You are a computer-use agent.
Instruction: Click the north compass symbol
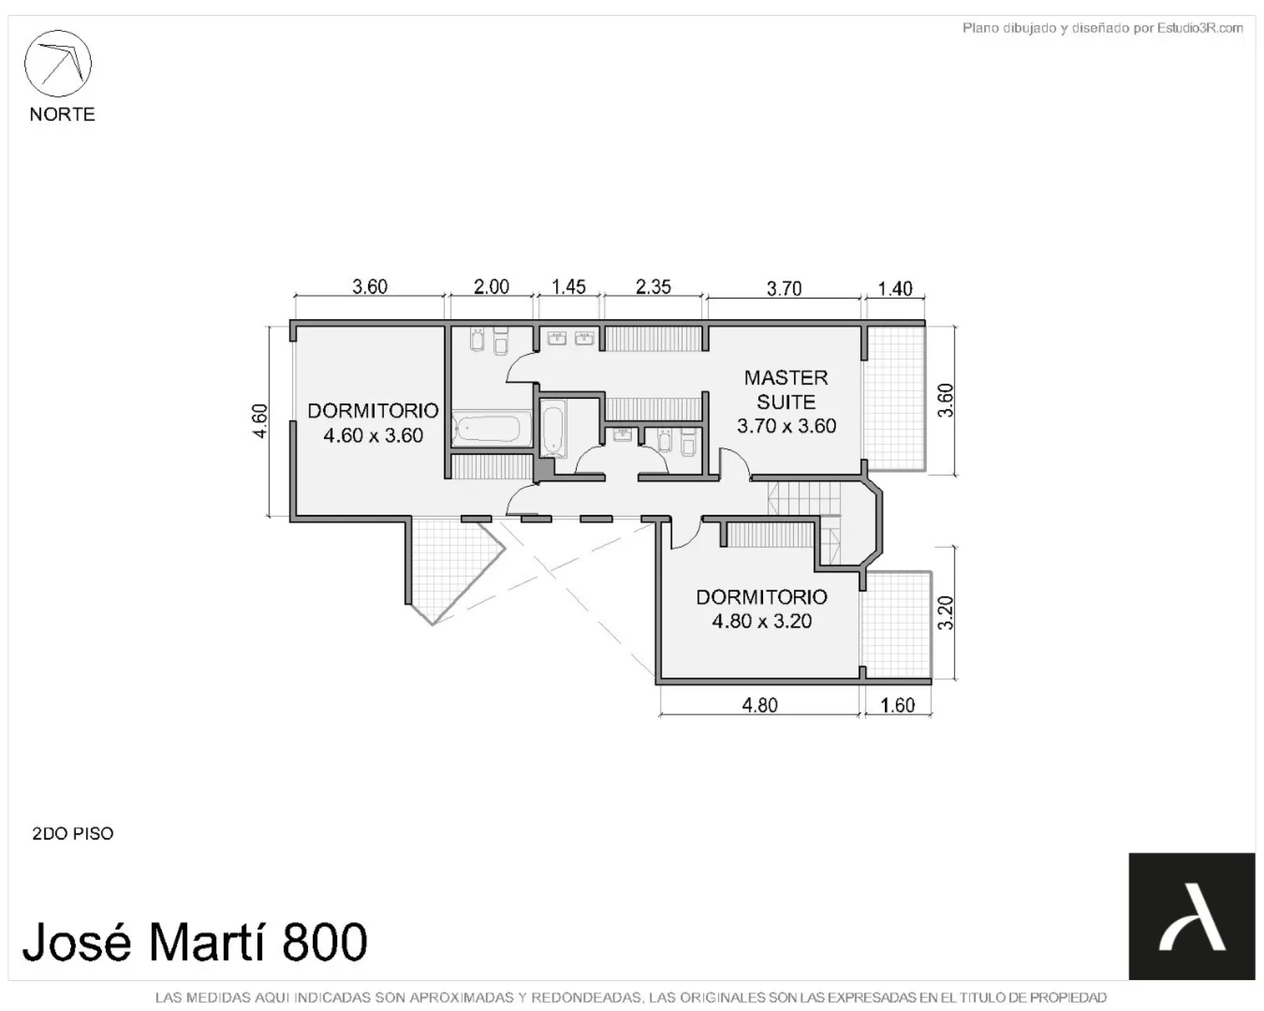click(x=58, y=64)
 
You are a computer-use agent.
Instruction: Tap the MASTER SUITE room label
click(x=786, y=390)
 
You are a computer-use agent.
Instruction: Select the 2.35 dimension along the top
click(x=653, y=287)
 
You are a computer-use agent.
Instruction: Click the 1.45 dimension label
click(x=568, y=287)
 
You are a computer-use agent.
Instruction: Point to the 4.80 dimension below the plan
click(x=760, y=705)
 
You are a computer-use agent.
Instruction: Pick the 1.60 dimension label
click(x=897, y=705)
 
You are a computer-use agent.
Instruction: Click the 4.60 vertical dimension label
click(x=260, y=421)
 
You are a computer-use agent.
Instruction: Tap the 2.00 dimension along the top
click(x=491, y=287)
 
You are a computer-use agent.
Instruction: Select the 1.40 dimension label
click(x=895, y=288)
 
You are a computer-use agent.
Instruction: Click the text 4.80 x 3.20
click(x=762, y=621)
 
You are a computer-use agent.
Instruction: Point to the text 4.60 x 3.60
click(x=373, y=435)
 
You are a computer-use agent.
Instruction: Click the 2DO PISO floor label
click(x=73, y=833)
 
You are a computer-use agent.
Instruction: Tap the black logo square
click(x=1192, y=916)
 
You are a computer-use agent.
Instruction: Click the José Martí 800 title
click(x=195, y=942)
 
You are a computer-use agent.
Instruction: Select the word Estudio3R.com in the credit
click(x=1200, y=28)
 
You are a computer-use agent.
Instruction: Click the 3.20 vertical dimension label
click(x=945, y=613)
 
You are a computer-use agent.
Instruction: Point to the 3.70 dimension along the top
click(x=784, y=288)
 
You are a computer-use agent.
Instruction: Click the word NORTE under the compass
click(x=63, y=115)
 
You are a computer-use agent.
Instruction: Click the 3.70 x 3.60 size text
click(x=786, y=426)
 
